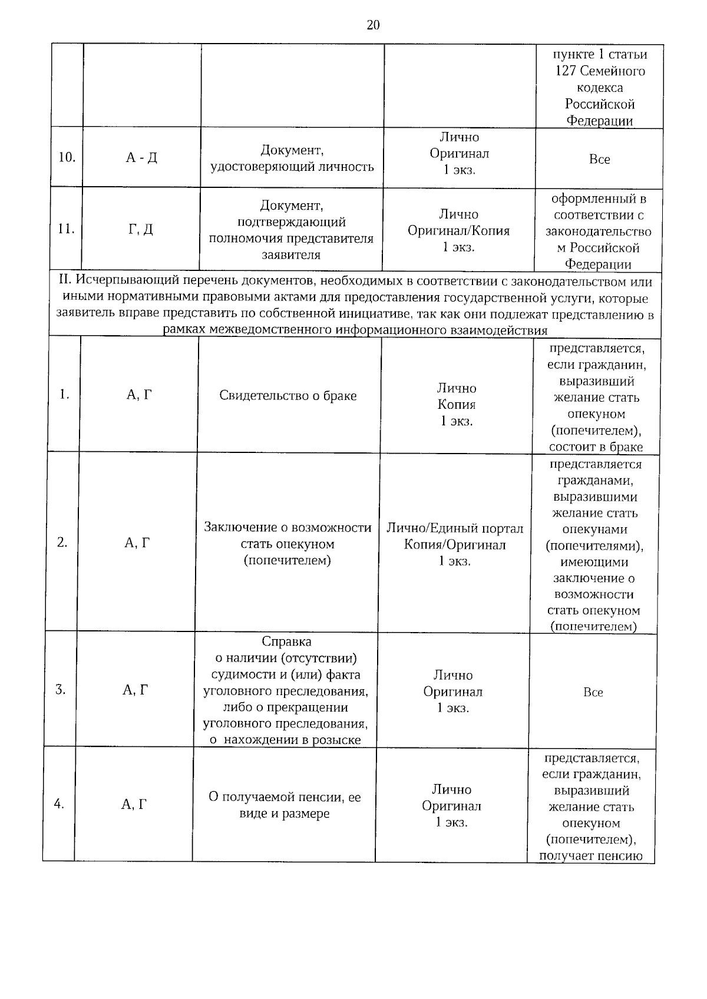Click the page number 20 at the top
[373, 25]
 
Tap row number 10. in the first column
[67, 157]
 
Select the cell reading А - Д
[141, 158]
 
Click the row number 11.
[66, 229]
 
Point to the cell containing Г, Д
[141, 229]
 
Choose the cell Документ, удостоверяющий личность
[292, 158]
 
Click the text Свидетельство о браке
[288, 395]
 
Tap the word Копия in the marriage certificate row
[457, 405]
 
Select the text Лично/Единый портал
[455, 528]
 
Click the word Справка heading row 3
[286, 641]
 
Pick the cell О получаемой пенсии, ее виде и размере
[285, 805]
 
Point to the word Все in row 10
[599, 160]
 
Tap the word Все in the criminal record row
[593, 693]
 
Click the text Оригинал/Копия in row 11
[459, 231]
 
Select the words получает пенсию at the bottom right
[590, 856]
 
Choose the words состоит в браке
[596, 447]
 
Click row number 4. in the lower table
[59, 803]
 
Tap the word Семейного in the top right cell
[613, 71]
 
